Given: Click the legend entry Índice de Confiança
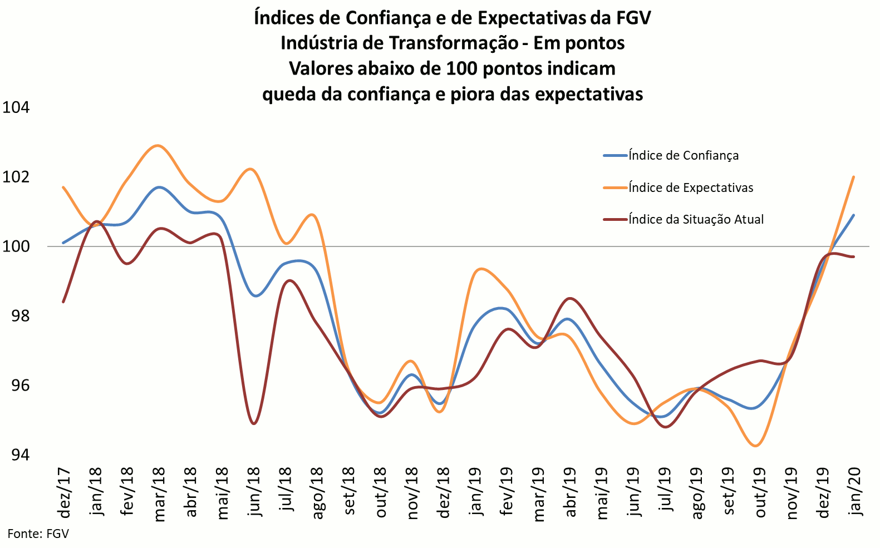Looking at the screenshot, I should point(683,156).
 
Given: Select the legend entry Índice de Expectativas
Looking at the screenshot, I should point(690,188).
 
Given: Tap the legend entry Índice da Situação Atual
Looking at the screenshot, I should point(696,220).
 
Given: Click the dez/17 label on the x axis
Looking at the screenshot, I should point(65,493).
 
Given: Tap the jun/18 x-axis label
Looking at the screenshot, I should point(255,492).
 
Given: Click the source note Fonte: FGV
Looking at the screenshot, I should point(38,534).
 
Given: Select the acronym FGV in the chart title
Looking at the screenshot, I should point(633,18).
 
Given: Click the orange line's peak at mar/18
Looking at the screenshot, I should point(158,146).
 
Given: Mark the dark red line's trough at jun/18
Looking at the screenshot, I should point(254,424).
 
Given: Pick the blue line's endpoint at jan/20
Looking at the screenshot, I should point(854,215).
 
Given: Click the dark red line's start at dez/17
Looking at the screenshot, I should point(63,302).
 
